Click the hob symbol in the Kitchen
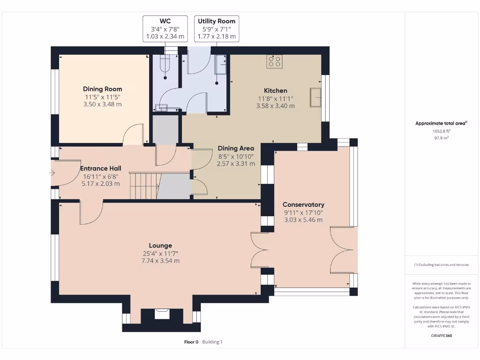[x=274, y=61]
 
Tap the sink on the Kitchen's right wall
[x=315, y=97]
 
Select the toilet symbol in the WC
[x=165, y=65]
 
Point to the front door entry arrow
[x=52, y=173]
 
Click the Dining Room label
[x=103, y=89]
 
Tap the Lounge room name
[x=160, y=246]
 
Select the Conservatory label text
[x=303, y=204]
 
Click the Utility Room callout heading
[x=217, y=21]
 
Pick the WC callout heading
[x=165, y=21]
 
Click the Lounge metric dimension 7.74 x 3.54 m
[x=160, y=261]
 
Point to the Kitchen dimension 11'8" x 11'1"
[x=276, y=98]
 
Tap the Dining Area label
[x=236, y=149]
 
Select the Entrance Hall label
[x=101, y=168]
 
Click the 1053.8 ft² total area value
[x=441, y=131]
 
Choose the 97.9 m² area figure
[x=441, y=138]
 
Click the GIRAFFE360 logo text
[x=442, y=336]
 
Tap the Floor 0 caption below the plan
[x=191, y=342]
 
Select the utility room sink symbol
[x=221, y=65]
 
